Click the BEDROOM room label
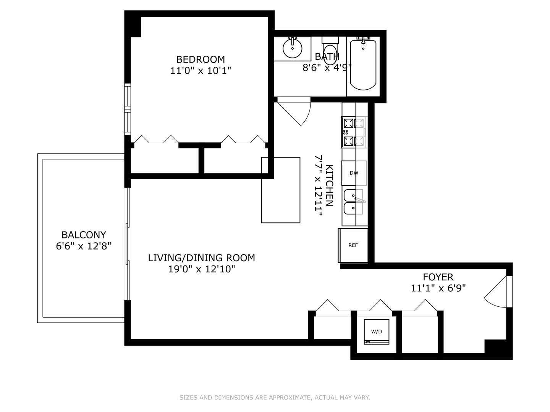[201, 60]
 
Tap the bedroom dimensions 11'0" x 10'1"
[201, 71]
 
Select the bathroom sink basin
[293, 48]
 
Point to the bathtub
[363, 65]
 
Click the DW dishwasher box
[354, 173]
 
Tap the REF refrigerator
[353, 245]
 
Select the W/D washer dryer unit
[377, 332]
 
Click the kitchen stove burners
[354, 132]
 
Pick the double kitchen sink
[354, 202]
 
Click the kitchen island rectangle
[281, 190]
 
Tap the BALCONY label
[84, 235]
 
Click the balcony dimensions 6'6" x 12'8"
[84, 246]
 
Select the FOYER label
[438, 277]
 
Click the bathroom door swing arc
[298, 111]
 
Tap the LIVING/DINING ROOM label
[201, 258]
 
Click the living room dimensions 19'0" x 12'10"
[201, 269]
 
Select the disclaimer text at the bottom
[275, 398]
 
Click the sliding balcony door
[128, 244]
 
